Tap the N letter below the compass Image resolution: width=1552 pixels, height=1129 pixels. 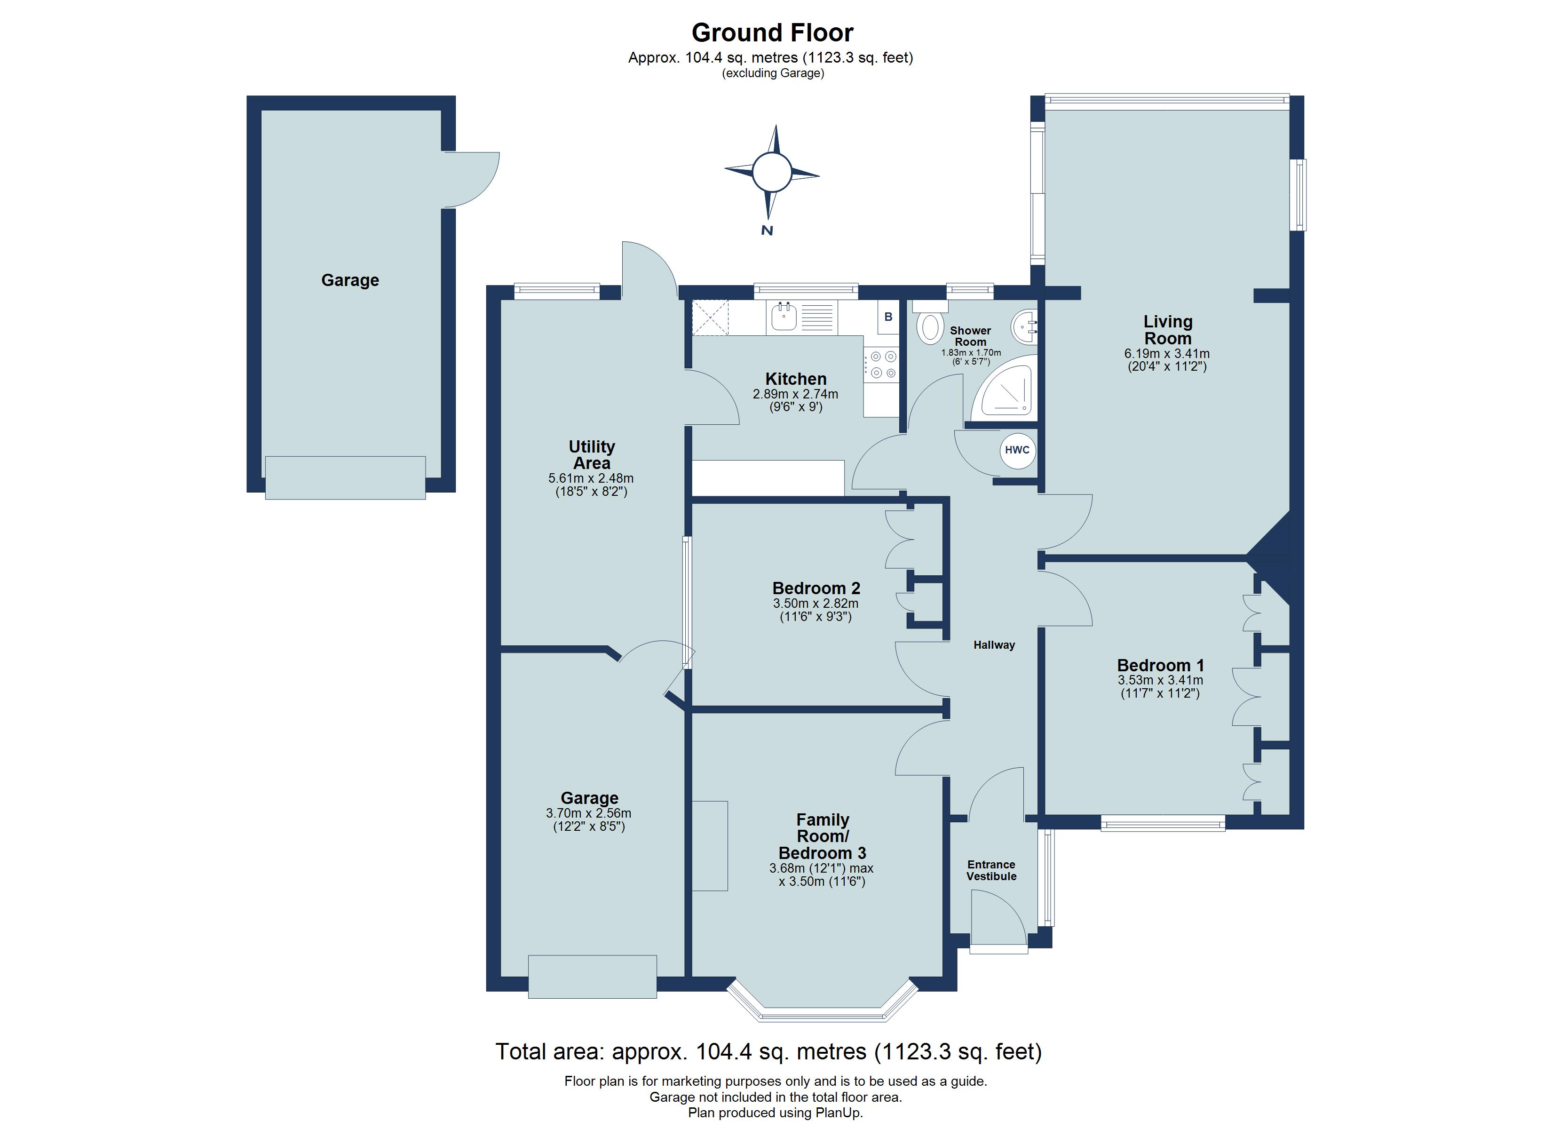pos(767,231)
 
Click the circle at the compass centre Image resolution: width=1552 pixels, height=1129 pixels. pos(772,172)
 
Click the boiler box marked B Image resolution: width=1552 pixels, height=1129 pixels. pos(888,317)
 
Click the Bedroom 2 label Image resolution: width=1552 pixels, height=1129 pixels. pos(816,588)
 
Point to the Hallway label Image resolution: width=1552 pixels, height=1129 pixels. pos(994,645)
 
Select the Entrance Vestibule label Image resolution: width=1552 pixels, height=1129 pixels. pos(991,870)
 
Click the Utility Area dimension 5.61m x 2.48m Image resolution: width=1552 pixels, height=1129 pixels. pos(591,478)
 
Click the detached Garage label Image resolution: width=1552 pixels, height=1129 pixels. pos(350,280)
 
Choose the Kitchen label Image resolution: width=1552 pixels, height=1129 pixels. pos(796,379)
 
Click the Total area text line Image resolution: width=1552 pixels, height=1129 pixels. pos(768,1051)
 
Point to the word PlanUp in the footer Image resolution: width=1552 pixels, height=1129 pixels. pos(838,1113)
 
